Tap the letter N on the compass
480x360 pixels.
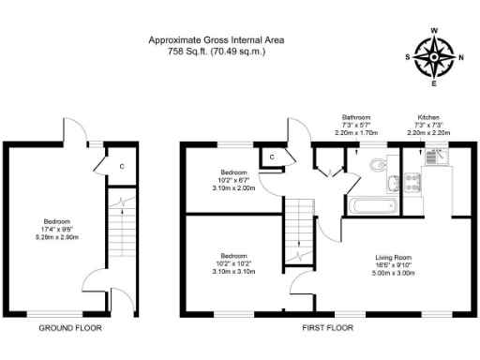(461, 57)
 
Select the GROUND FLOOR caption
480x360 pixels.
(70, 328)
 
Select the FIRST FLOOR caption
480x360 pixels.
(327, 328)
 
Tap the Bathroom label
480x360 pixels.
(357, 118)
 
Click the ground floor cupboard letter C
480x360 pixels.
(121, 167)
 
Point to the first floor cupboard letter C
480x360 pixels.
(271, 157)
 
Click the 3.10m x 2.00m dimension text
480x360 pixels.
(232, 188)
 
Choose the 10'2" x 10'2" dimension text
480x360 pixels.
(232, 262)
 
